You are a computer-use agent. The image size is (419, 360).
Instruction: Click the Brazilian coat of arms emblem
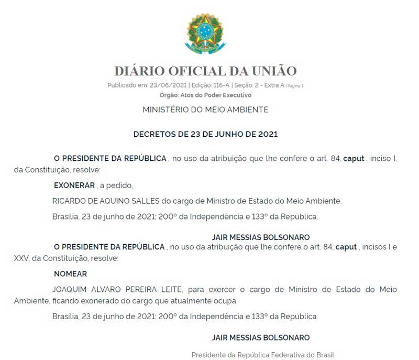pyautogui.click(x=205, y=34)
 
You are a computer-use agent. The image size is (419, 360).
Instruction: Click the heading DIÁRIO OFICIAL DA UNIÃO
pyautogui.click(x=205, y=71)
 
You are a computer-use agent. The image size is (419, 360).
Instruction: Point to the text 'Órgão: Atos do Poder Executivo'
pyautogui.click(x=205, y=95)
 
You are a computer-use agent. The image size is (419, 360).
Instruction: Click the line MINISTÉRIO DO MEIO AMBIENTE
pyautogui.click(x=205, y=110)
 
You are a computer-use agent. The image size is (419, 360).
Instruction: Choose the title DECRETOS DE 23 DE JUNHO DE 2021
pyautogui.click(x=205, y=134)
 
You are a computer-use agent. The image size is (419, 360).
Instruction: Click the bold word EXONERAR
pyautogui.click(x=74, y=186)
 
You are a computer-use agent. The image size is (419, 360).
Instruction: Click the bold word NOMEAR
pyautogui.click(x=70, y=274)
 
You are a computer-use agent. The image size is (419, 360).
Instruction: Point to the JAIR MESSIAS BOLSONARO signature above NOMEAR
pyautogui.click(x=260, y=237)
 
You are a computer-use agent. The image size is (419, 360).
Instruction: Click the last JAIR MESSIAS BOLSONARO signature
pyautogui.click(x=260, y=337)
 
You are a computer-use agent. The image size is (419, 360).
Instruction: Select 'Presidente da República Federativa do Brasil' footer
pyautogui.click(x=262, y=355)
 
